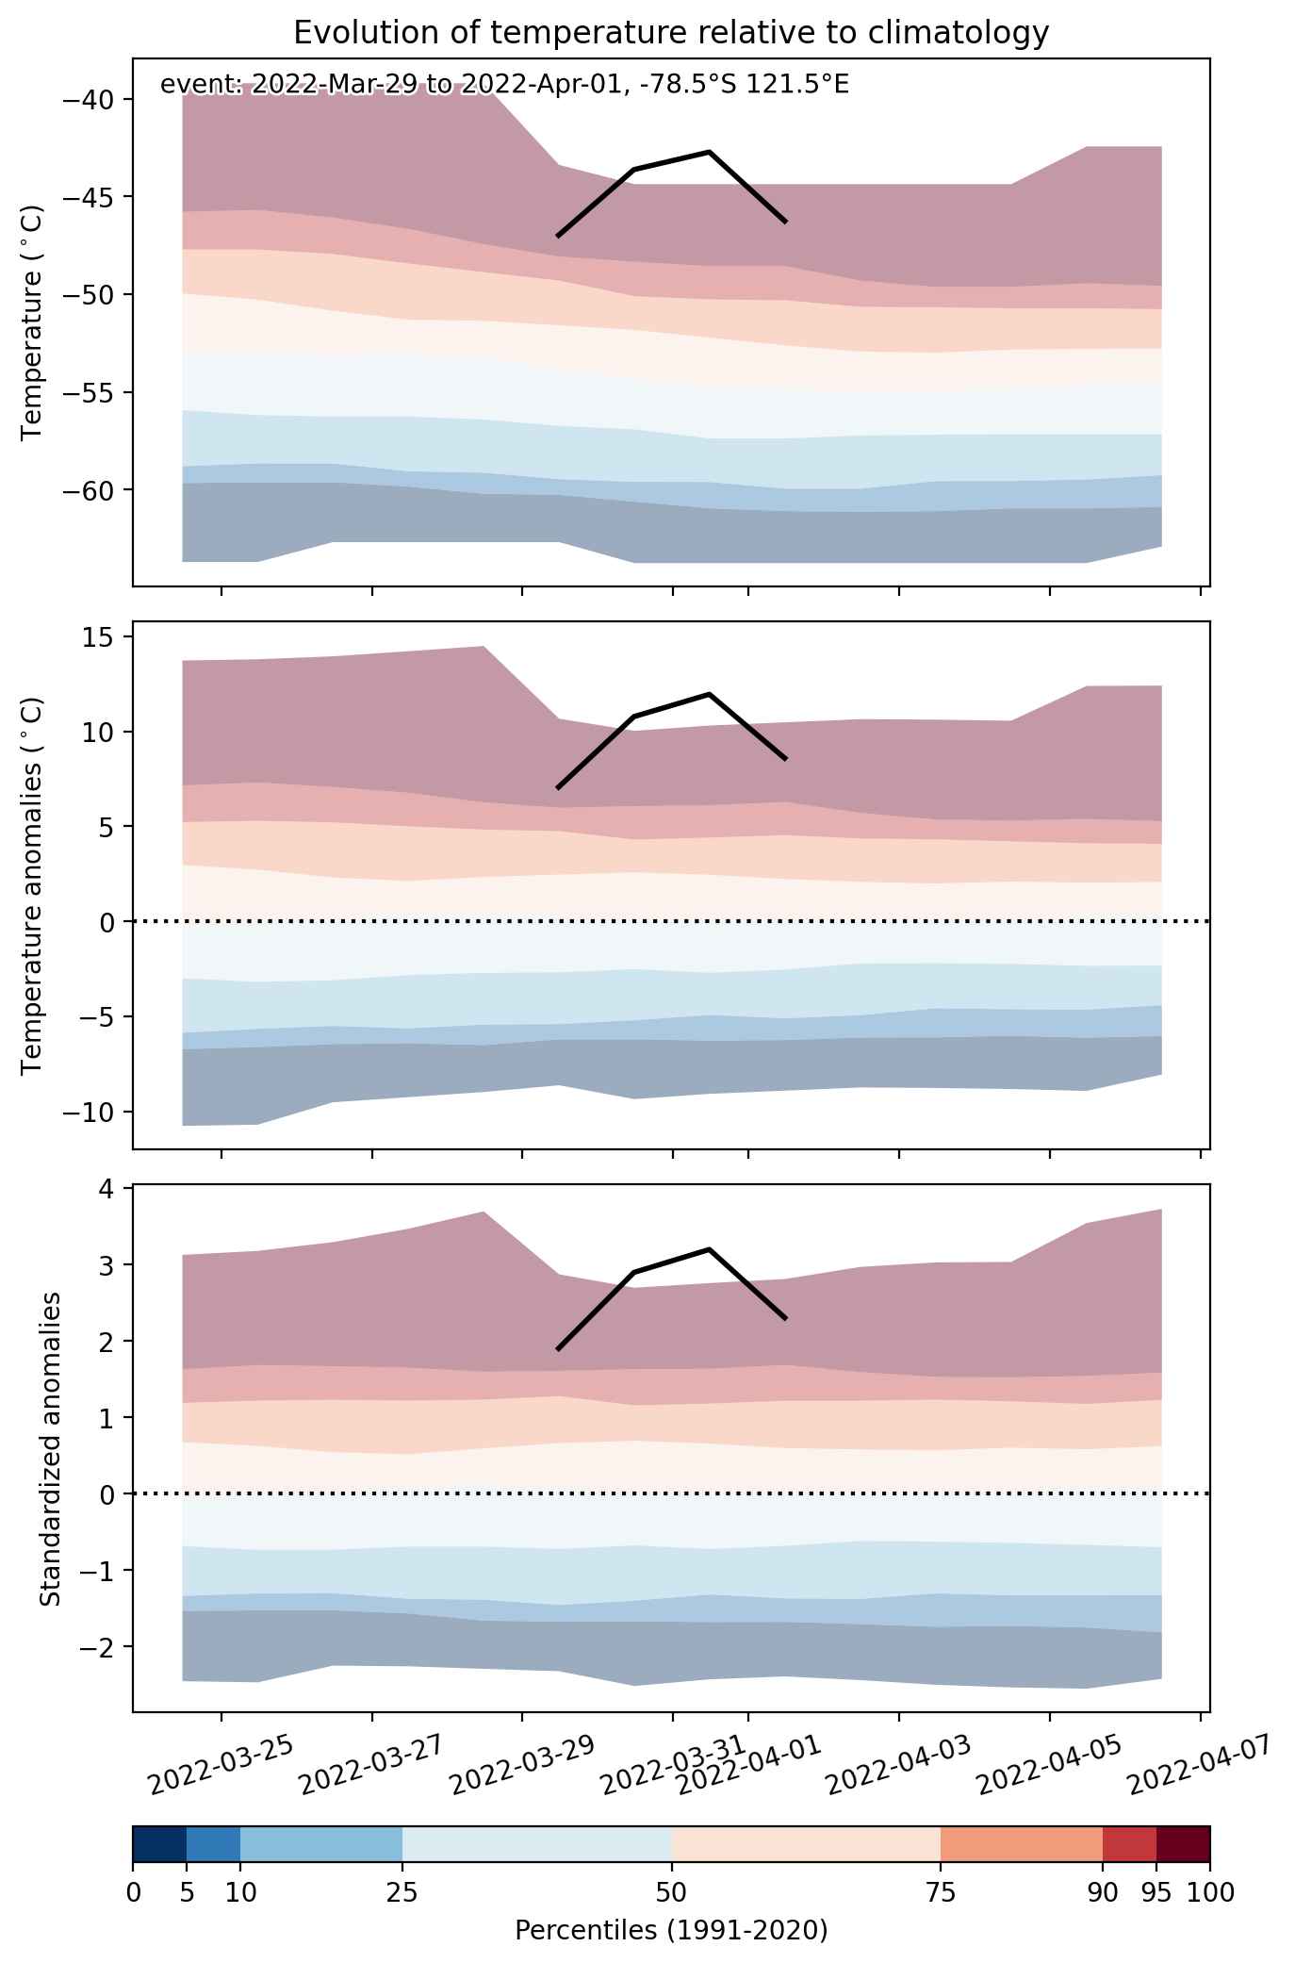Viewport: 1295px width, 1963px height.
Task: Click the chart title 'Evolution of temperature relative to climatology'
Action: (671, 33)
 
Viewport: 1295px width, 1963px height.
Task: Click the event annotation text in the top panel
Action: (505, 85)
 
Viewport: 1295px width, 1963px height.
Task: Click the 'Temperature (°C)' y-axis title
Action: (33, 322)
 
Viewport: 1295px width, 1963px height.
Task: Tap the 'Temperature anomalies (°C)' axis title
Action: (33, 885)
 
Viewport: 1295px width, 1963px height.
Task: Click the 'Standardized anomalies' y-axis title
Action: (50, 1448)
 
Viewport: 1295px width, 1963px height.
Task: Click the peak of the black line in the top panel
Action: (709, 151)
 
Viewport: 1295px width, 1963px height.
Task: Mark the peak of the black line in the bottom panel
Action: (709, 1249)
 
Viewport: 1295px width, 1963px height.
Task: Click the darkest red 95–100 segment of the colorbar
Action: (1183, 1844)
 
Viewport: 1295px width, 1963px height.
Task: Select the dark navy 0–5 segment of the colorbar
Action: (159, 1844)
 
